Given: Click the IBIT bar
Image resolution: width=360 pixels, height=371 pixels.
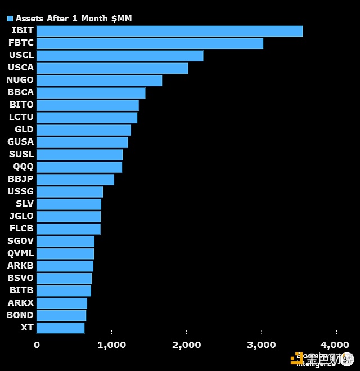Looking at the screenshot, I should tap(169, 31).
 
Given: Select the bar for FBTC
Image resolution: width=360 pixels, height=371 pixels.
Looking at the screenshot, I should tap(150, 43).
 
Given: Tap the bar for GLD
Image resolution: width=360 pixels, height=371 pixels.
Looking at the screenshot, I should tap(84, 130).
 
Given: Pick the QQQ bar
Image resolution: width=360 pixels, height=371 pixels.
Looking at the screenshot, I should tap(79, 167).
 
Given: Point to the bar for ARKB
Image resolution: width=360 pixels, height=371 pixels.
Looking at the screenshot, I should tap(65, 266).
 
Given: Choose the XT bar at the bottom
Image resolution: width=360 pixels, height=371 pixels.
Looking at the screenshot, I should tap(60, 328).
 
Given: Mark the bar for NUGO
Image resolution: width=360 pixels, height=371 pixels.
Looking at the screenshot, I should tap(99, 81).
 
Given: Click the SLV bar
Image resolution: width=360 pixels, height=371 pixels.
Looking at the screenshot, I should tap(69, 204).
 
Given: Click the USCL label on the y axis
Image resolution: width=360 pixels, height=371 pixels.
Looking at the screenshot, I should tap(21, 55).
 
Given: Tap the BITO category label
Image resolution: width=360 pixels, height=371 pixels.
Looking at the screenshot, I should tap(21, 105).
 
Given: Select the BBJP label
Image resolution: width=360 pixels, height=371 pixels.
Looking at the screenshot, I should tap(21, 179).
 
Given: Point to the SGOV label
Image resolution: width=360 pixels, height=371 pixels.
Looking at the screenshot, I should tap(21, 241).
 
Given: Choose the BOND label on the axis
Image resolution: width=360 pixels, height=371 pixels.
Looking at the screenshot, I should tap(20, 315).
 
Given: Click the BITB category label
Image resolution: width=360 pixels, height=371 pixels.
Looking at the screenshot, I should tap(21, 290).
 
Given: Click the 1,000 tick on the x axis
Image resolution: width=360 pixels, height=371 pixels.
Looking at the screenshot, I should tap(112, 345).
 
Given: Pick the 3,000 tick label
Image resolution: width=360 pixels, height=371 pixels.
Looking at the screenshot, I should tap(262, 345).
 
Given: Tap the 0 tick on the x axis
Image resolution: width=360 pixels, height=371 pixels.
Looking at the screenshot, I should tap(37, 345).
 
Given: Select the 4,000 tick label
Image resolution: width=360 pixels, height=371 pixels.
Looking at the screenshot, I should tap(336, 345).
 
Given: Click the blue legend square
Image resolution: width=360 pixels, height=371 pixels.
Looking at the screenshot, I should tap(10, 19).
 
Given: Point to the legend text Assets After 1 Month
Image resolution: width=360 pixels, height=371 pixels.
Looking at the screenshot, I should tap(74, 19).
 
